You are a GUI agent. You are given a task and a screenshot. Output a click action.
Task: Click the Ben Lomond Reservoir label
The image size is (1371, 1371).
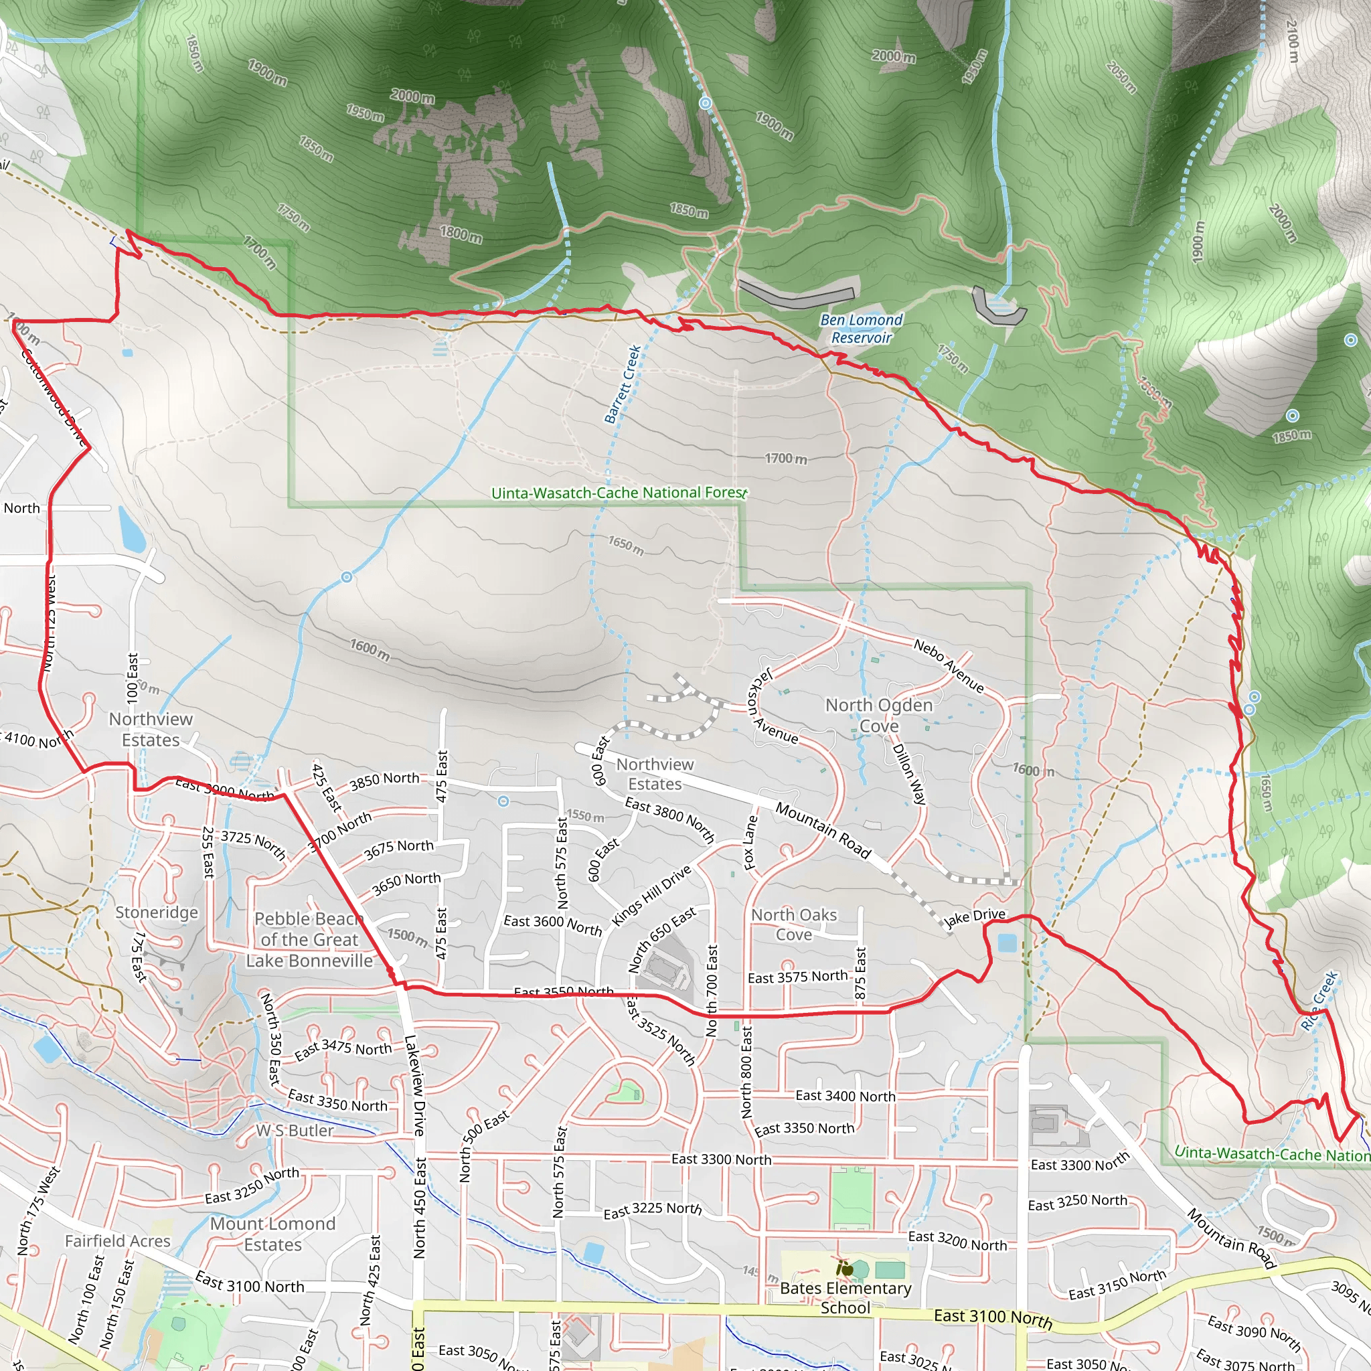pyautogui.click(x=861, y=329)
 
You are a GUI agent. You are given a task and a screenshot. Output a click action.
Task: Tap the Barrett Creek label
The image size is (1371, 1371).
pyautogui.click(x=623, y=384)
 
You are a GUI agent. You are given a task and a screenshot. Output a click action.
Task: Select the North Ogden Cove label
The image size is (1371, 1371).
pyautogui.click(x=878, y=716)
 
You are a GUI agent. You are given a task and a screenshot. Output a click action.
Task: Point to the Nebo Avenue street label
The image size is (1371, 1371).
pyautogui.click(x=948, y=665)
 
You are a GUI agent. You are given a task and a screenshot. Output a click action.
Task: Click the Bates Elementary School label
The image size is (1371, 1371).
pyautogui.click(x=845, y=1297)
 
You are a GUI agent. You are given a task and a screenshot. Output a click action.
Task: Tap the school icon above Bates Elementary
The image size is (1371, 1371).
pyautogui.click(x=844, y=1267)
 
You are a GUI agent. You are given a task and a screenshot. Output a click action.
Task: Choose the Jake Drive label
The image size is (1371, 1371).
pyautogui.click(x=975, y=918)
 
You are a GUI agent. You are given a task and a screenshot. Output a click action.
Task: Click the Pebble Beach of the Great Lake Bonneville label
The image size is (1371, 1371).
pyautogui.click(x=309, y=939)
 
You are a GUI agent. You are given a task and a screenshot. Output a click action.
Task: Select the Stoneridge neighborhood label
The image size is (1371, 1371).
pyautogui.click(x=157, y=912)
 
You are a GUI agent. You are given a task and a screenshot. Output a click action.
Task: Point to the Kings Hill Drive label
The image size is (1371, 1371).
pyautogui.click(x=651, y=896)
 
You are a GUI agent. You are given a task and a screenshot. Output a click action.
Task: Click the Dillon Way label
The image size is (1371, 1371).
pyautogui.click(x=908, y=773)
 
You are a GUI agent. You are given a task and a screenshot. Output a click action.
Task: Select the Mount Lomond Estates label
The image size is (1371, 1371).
pyautogui.click(x=272, y=1234)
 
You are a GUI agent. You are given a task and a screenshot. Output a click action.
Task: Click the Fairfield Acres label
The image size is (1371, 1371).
pyautogui.click(x=118, y=1241)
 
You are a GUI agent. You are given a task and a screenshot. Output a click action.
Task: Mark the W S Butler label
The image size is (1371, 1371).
pyautogui.click(x=295, y=1131)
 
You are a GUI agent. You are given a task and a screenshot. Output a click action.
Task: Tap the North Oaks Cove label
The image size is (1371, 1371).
pyautogui.click(x=794, y=924)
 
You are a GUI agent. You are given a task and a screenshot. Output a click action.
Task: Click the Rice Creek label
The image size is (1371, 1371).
pyautogui.click(x=1319, y=1001)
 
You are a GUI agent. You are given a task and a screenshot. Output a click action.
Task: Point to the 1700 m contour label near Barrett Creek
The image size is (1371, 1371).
pyautogui.click(x=785, y=459)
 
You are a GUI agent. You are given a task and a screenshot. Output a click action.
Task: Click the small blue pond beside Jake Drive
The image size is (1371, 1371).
pyautogui.click(x=1006, y=943)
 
